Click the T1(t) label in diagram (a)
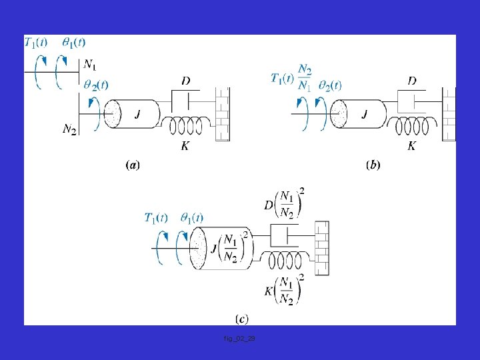point(36,43)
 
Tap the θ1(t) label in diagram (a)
point(73,43)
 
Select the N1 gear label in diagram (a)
point(89,65)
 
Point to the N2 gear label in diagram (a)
point(69,129)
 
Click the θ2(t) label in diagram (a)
point(96,85)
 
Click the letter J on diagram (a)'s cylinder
point(137,115)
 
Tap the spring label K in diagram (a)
point(185,145)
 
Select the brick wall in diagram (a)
point(222,114)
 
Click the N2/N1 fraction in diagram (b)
point(304,78)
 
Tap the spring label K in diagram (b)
point(412,145)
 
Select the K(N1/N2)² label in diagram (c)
point(285,290)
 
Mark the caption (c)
point(242,319)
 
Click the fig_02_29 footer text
point(239,339)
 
